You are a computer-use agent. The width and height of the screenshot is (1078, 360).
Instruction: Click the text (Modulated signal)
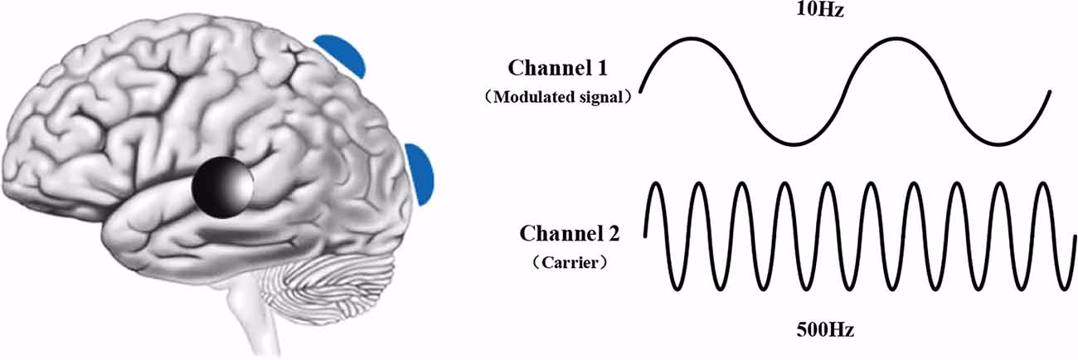[x=561, y=97]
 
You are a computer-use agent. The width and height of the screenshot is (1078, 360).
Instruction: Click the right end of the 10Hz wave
[x=1051, y=91]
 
